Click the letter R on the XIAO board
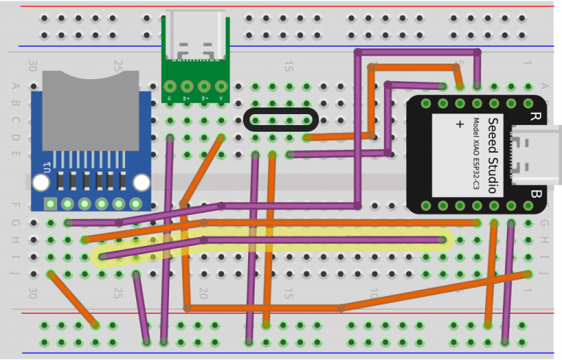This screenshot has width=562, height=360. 535,116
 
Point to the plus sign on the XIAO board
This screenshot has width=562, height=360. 460,124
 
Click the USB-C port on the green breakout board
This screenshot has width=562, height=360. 195,44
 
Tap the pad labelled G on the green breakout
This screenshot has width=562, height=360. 170,86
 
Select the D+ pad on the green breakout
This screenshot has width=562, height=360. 187,86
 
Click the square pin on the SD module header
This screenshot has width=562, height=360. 50,203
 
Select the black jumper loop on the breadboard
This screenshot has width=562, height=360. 281,119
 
